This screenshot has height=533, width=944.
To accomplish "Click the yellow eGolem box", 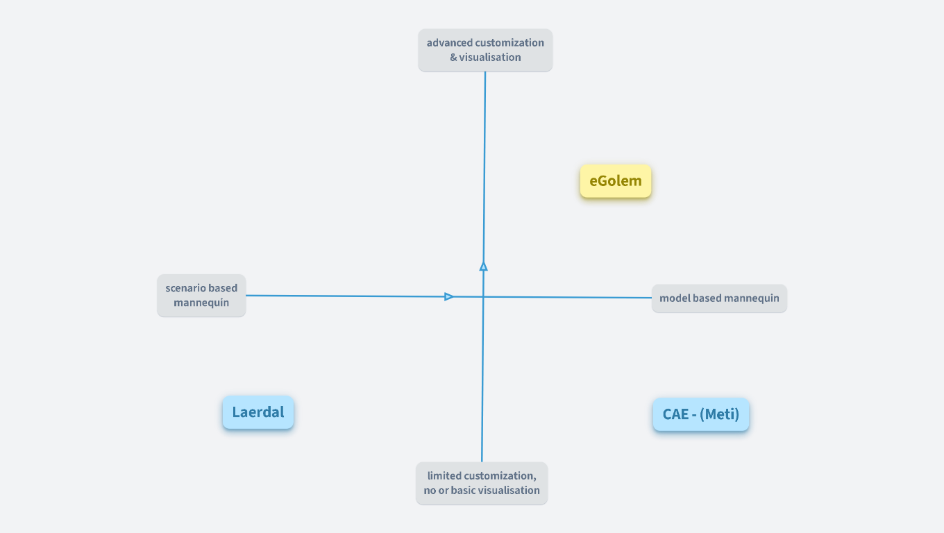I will (616, 181).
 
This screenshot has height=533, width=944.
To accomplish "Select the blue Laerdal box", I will (258, 412).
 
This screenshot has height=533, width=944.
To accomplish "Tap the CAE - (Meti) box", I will (701, 414).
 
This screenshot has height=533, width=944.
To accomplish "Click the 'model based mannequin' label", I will (719, 298).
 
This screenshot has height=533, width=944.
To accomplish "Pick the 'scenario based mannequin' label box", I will (201, 296).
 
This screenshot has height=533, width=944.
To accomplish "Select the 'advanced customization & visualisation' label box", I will (485, 50).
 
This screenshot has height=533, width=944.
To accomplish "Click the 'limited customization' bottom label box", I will (482, 483).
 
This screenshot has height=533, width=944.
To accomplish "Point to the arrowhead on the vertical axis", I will (484, 266).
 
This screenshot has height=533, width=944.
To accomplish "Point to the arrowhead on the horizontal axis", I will (449, 296).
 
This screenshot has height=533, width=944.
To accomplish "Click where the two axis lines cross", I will (483, 297).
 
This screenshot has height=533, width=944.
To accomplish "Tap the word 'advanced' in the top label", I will (450, 43).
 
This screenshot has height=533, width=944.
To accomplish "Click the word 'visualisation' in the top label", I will (490, 58).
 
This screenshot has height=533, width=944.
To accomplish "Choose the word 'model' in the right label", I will (675, 298).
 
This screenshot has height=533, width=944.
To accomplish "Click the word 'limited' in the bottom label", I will (445, 476).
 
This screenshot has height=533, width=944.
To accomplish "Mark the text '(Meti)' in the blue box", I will (720, 414).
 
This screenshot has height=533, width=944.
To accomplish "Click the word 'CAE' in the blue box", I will (675, 414).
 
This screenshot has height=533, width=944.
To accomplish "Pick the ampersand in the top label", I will (453, 58).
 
